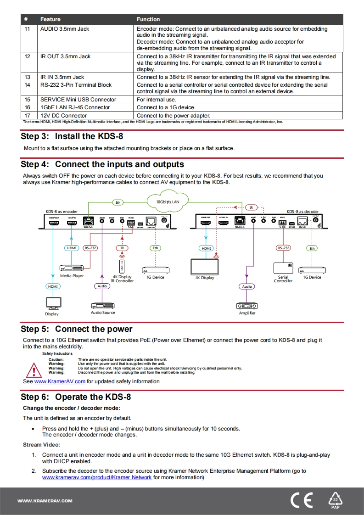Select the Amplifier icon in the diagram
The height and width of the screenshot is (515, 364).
click(x=247, y=305)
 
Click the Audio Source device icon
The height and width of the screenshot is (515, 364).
click(x=102, y=305)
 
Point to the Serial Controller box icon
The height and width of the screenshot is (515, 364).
click(x=283, y=268)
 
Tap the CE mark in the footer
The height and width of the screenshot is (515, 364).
click(x=302, y=500)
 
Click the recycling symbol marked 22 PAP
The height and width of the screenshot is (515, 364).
click(x=336, y=500)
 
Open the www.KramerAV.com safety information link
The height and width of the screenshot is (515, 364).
click(x=60, y=381)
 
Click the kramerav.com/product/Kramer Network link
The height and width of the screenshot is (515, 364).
click(x=97, y=477)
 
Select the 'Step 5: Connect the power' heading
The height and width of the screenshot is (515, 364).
click(x=76, y=329)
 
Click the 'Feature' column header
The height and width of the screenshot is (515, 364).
click(x=50, y=19)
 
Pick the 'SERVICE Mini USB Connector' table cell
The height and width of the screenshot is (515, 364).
click(x=78, y=100)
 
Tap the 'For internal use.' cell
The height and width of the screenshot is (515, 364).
click(x=156, y=100)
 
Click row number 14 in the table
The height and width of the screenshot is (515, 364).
click(x=27, y=85)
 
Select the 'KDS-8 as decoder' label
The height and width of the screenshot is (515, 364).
click(x=302, y=212)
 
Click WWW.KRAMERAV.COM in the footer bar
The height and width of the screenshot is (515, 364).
click(x=45, y=501)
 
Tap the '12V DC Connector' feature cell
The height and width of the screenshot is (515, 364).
click(x=63, y=116)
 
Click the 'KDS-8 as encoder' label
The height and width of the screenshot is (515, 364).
click(x=62, y=212)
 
